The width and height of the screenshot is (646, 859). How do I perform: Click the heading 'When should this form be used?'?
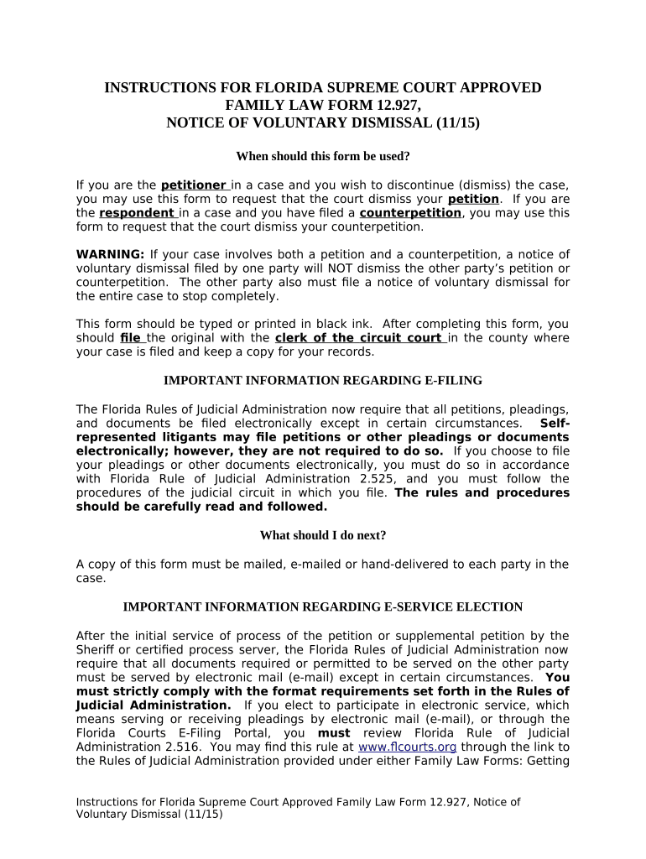323,156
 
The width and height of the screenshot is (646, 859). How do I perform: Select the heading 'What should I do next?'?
323,535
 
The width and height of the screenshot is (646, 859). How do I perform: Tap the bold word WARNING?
111,254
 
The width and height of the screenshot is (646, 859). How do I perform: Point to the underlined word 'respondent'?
137,213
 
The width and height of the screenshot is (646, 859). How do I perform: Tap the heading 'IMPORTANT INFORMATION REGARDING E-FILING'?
323,380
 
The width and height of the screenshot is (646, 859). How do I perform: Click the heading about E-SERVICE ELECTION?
323,607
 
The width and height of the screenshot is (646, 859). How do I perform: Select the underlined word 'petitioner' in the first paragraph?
194,185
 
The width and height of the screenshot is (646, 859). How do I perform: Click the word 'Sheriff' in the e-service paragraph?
97,650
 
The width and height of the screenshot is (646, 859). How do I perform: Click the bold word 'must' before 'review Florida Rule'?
333,733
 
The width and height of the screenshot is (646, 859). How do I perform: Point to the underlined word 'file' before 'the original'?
131,338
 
